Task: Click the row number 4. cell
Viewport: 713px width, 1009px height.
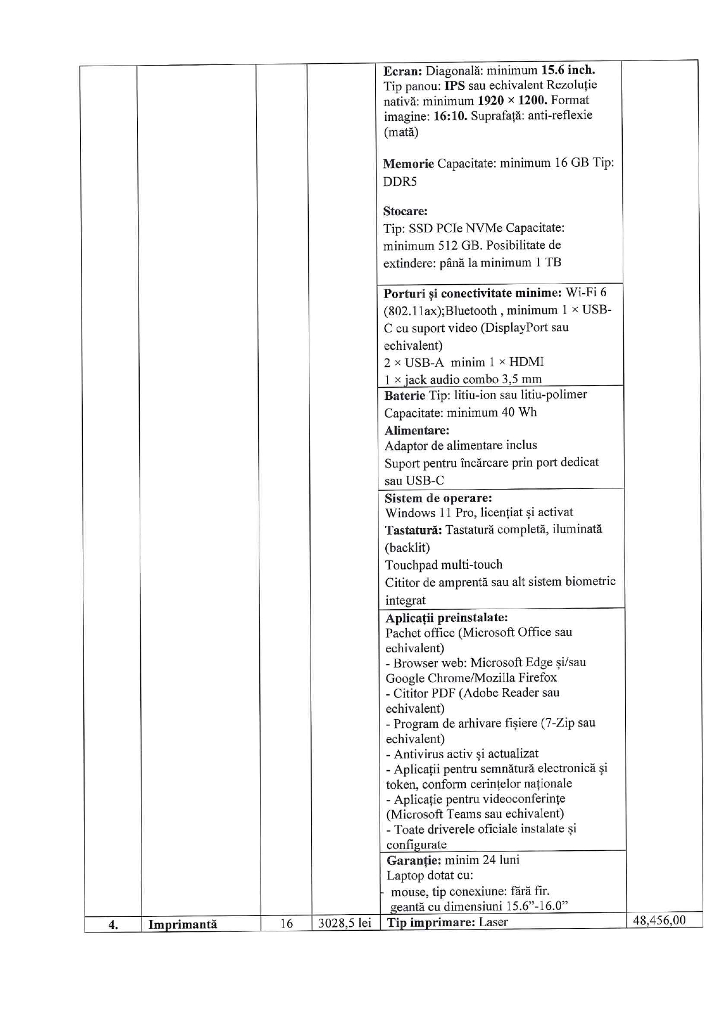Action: click(x=113, y=925)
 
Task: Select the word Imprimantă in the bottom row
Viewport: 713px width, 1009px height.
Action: click(x=182, y=925)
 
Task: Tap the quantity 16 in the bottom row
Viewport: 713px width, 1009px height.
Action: click(x=286, y=924)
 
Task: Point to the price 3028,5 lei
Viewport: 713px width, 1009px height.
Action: click(x=345, y=924)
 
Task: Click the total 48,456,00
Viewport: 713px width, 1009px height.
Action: click(x=659, y=920)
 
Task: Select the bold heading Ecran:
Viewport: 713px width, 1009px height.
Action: click(x=403, y=71)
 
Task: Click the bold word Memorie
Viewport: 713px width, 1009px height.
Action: click(x=408, y=164)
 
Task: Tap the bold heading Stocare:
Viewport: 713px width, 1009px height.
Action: click(x=405, y=211)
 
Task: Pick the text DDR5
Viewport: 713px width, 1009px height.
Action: click(x=400, y=182)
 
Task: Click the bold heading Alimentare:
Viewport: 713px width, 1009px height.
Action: click(x=417, y=430)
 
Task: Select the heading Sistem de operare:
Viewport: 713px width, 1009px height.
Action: click(x=438, y=498)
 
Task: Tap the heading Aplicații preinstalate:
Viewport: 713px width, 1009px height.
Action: click(x=446, y=618)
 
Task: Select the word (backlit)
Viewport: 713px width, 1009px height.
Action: click(x=407, y=548)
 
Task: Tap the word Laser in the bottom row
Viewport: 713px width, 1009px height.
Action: click(x=493, y=923)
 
